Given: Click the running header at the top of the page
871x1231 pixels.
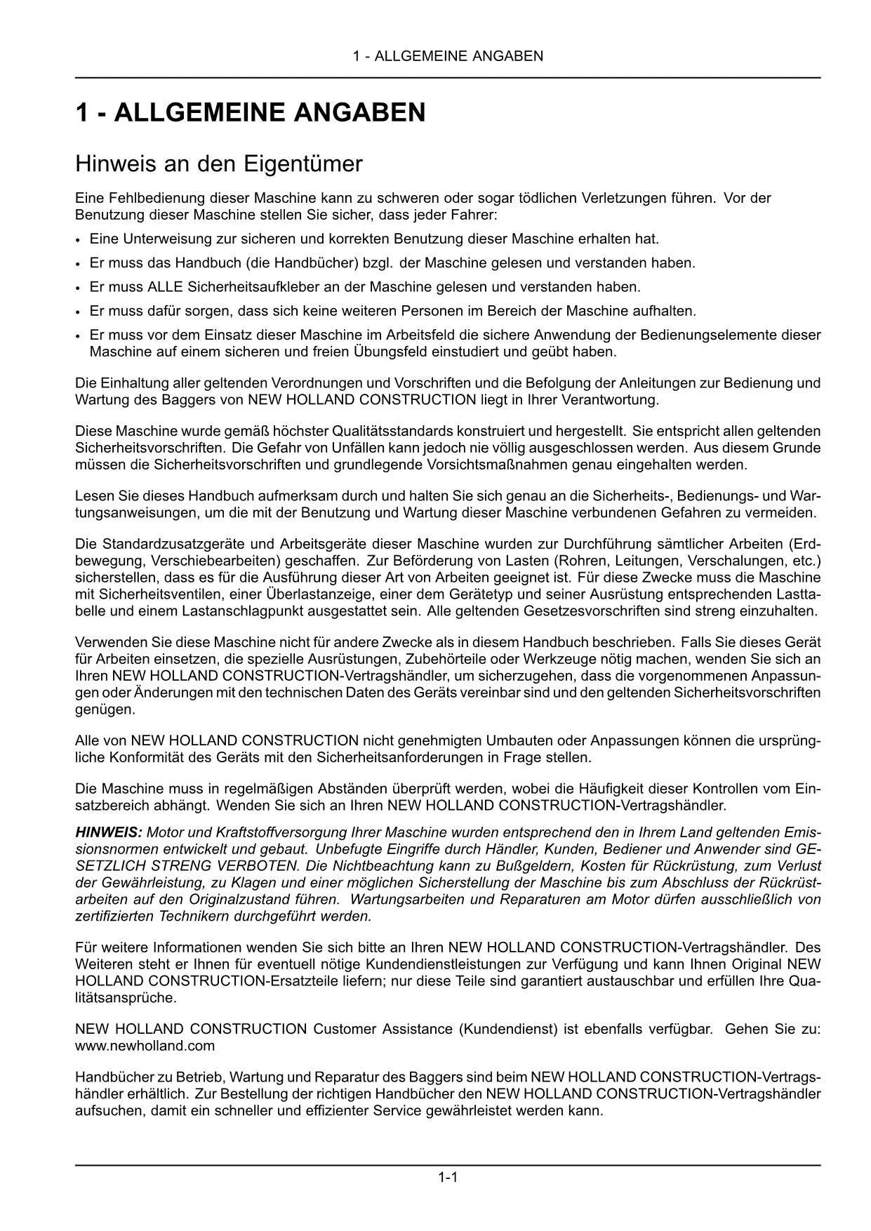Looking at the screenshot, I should point(448,56).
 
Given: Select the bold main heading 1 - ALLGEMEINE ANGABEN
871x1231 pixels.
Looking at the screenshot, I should point(250,112).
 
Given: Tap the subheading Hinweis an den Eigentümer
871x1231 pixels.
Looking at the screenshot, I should point(218,164).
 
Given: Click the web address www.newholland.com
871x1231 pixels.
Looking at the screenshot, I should point(145,1046).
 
